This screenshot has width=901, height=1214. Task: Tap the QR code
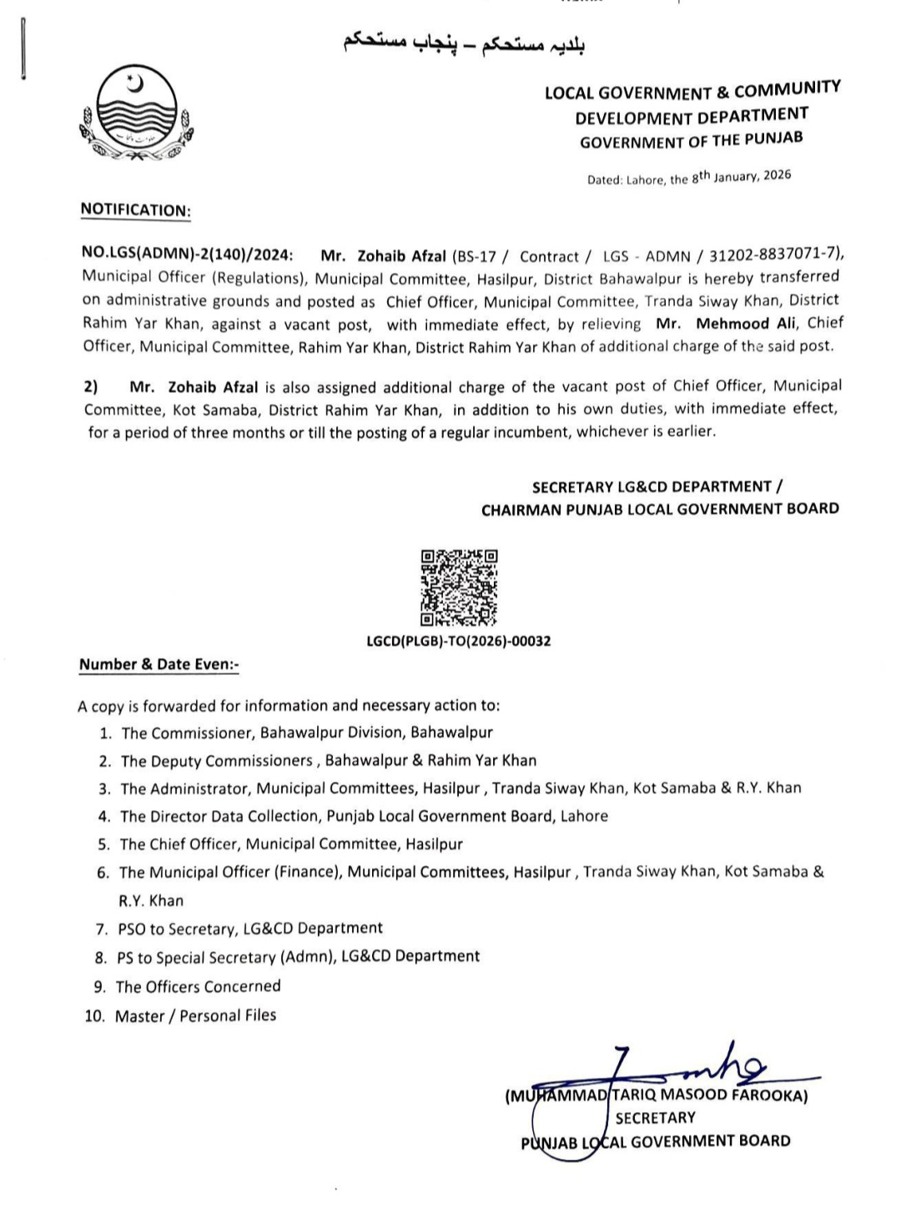(459, 587)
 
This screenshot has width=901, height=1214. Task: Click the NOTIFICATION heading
(135, 210)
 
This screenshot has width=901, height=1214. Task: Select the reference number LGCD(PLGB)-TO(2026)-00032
(459, 642)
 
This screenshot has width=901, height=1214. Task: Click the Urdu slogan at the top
(464, 43)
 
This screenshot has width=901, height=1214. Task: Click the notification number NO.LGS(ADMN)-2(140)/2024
(188, 256)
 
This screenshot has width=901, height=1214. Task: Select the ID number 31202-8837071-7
(773, 254)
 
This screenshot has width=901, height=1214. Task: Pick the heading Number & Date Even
(159, 665)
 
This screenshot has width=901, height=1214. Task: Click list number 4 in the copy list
(104, 817)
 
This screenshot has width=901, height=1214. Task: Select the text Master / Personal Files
(195, 1015)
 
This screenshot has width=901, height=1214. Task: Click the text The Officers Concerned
(198, 987)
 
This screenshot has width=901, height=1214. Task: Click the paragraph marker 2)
(91, 387)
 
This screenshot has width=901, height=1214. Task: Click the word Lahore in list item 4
(583, 816)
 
